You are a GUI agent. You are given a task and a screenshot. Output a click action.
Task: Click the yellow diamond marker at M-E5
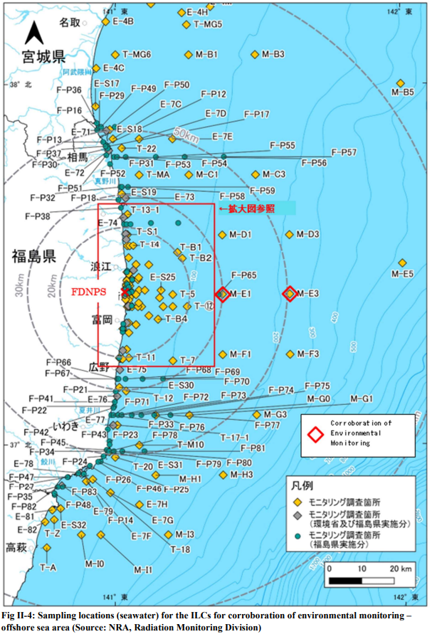[402, 263]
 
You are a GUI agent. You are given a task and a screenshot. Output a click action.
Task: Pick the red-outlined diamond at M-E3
[290, 293]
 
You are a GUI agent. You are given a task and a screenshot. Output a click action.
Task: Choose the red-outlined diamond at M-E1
[223, 293]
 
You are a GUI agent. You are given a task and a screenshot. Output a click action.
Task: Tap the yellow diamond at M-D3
[290, 234]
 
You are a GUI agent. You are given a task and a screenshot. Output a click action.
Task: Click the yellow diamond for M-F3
[290, 354]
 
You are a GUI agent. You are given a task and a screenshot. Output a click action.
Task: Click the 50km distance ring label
[186, 133]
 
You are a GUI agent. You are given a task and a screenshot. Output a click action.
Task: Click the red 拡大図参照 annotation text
[248, 208]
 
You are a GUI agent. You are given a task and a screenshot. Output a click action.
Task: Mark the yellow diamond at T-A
[47, 547]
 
